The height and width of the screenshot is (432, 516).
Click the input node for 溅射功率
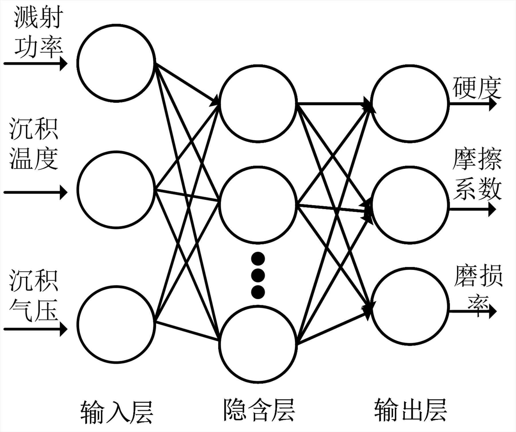point(116,63)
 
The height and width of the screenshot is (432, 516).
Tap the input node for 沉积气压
point(116,324)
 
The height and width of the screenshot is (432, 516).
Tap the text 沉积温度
point(34,143)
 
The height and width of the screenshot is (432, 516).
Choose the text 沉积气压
point(34,295)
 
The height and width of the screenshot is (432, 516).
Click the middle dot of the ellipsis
point(258,275)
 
